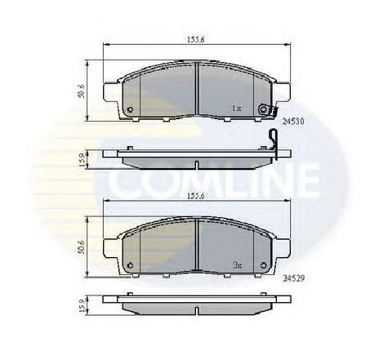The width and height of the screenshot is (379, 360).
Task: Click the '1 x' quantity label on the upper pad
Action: [236, 107]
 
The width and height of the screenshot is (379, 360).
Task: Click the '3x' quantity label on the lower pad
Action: [237, 265]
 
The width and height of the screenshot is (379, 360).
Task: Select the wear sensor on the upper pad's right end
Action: [263, 110]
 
